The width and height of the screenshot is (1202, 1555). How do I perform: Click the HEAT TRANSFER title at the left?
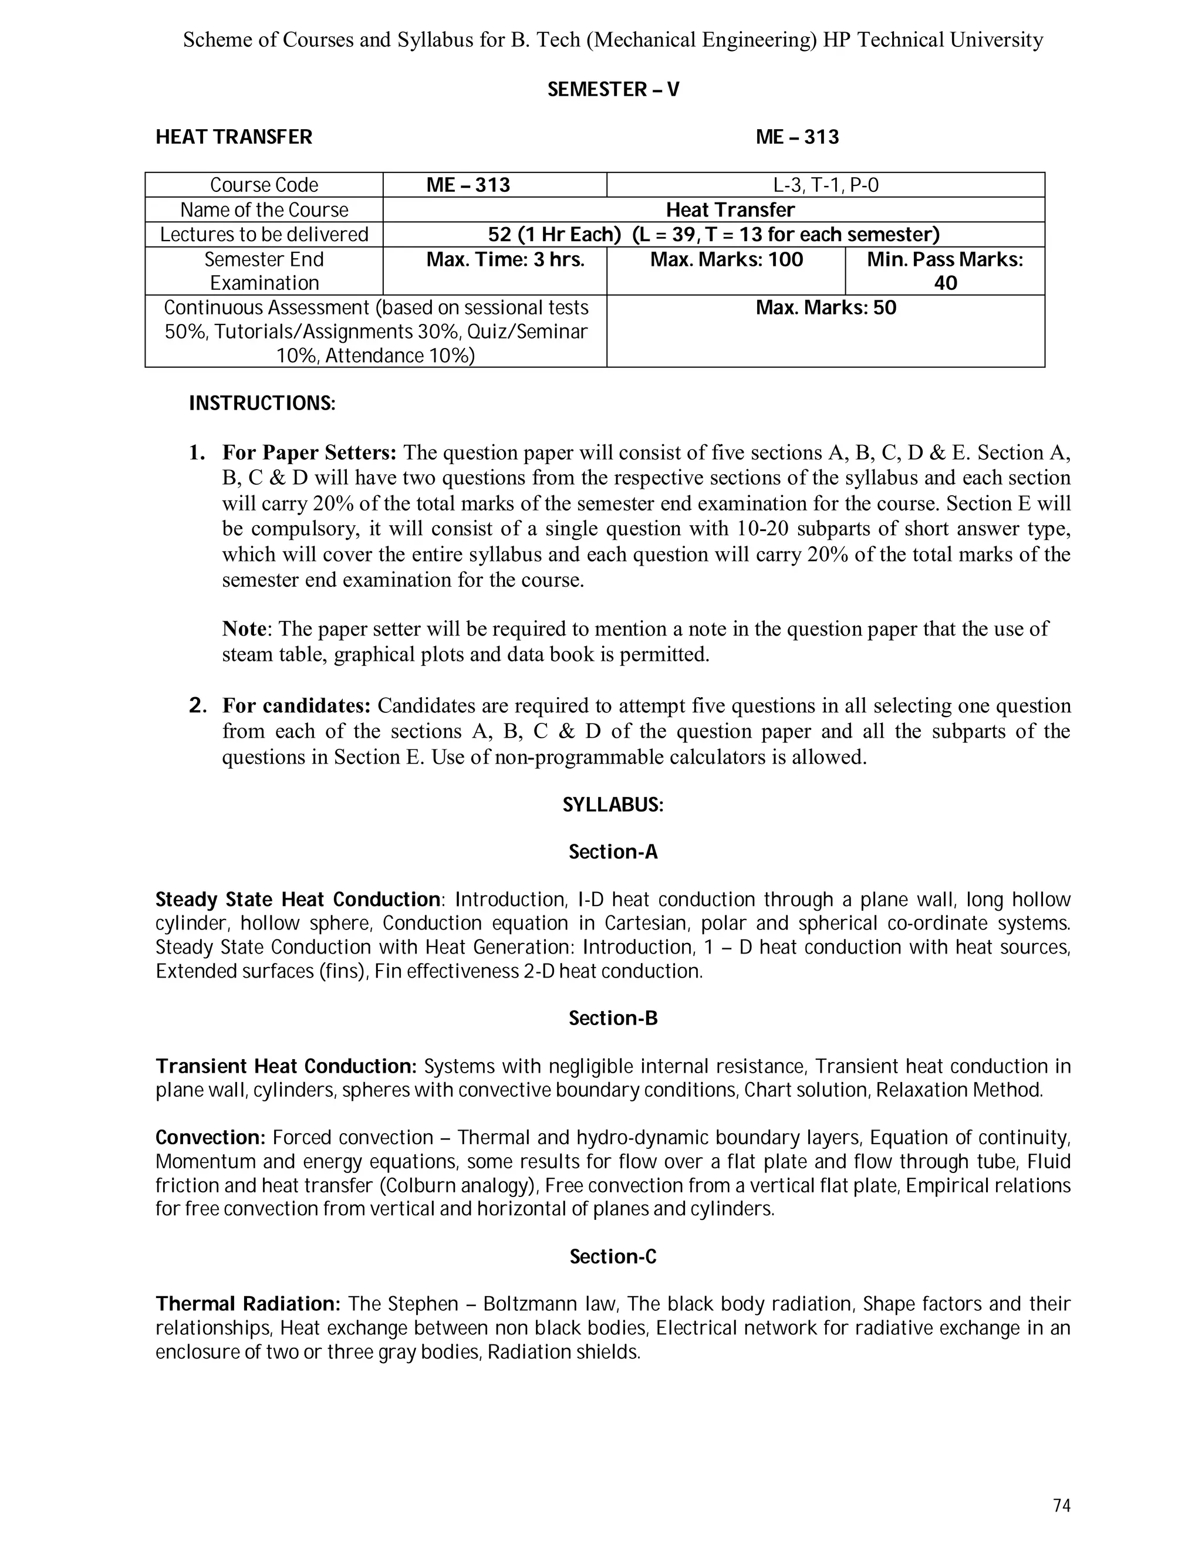point(234,137)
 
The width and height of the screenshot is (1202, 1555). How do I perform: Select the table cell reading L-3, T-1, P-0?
point(825,185)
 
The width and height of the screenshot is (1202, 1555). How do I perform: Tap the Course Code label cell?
point(264,185)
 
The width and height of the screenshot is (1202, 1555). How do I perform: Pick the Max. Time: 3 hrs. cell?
point(505,260)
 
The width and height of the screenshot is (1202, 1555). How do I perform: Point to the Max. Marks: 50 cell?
point(825,308)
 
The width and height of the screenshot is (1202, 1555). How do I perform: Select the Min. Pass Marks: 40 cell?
point(944,271)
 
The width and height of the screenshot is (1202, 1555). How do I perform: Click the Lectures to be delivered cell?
point(264,235)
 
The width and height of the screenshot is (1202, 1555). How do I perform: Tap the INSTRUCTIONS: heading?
point(261,404)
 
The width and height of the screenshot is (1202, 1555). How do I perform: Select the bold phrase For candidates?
point(296,705)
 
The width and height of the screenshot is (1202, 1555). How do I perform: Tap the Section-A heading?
point(612,852)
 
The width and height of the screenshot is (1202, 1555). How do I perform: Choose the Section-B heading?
point(612,1019)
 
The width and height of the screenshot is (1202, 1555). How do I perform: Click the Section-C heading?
point(612,1257)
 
